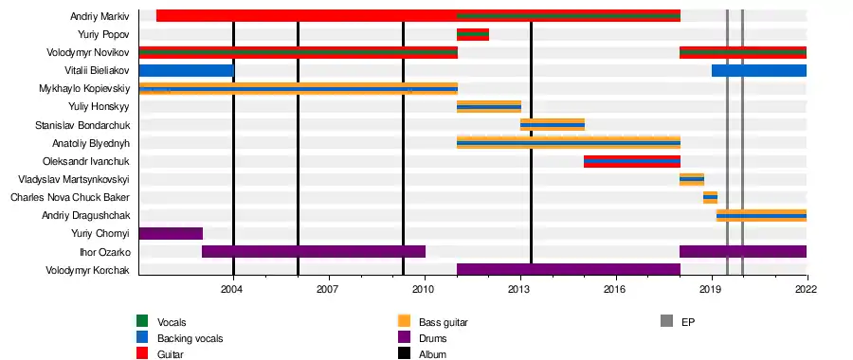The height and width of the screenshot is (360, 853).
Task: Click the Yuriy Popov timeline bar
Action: tap(473, 34)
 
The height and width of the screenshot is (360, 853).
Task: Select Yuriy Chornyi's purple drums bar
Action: tap(171, 233)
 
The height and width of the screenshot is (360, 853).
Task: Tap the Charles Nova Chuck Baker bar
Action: tap(710, 197)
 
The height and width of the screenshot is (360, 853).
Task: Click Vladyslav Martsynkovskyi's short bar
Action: tap(692, 179)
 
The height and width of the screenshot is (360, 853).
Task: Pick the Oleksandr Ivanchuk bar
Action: tap(632, 161)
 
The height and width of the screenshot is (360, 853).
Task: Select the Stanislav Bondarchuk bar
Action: tap(553, 125)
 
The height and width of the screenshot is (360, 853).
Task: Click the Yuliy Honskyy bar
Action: tap(489, 107)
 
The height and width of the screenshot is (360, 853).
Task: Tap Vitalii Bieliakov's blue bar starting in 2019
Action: tap(759, 70)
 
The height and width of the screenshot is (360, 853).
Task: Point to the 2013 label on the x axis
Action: tap(520, 288)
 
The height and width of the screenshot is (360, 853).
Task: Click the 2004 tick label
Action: tap(233, 288)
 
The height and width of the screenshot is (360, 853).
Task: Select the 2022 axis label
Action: tap(808, 288)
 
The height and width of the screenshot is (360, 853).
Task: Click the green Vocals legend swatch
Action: tap(142, 321)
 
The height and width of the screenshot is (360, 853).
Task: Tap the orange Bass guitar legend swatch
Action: tap(404, 321)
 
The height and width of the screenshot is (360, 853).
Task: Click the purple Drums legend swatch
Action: tap(404, 338)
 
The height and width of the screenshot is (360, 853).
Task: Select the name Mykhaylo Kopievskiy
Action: tap(84, 89)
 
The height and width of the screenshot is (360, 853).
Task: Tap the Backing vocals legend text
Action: tap(190, 338)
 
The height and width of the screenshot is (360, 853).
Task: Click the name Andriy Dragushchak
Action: tap(86, 216)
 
